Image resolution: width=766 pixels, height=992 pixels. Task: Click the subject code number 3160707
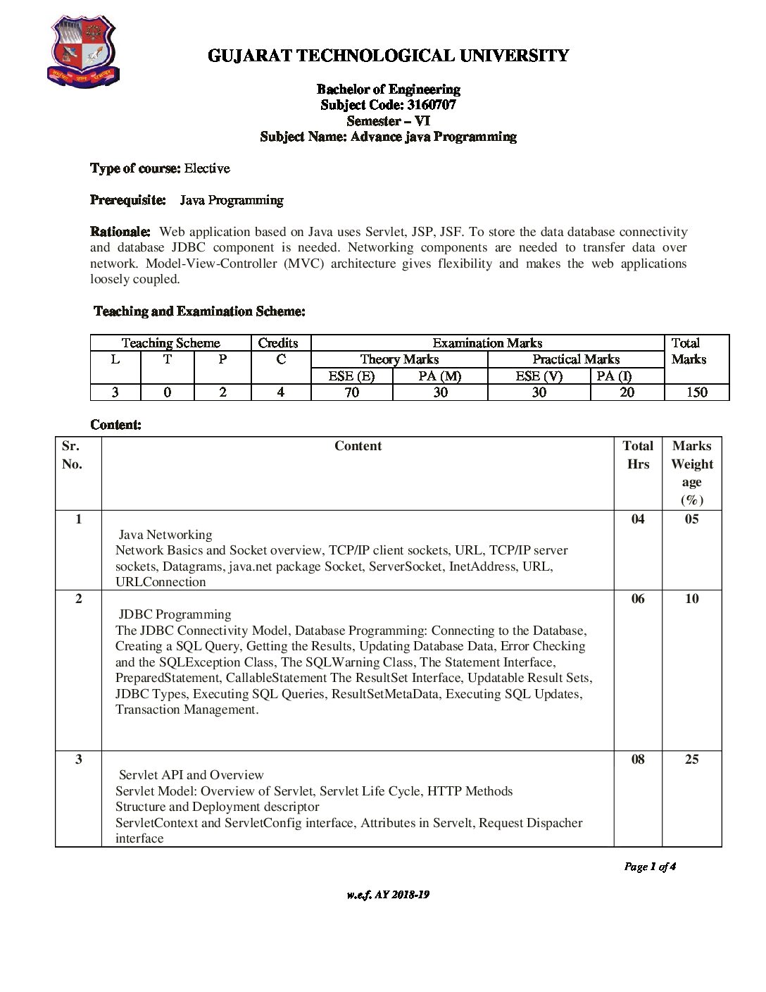431,105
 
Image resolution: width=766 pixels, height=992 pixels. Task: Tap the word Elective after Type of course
207,168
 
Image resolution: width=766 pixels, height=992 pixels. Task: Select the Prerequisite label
128,200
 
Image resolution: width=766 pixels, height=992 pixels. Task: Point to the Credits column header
278,343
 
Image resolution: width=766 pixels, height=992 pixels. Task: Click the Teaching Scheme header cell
170,343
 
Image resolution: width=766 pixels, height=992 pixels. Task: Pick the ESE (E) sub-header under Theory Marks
351,376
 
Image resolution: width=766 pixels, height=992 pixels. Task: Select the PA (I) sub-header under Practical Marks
614,376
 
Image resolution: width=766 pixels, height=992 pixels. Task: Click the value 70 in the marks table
351,392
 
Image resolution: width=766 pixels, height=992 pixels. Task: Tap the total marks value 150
696,392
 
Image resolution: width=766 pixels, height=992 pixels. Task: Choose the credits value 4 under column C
280,392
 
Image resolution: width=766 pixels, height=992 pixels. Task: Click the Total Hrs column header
638,454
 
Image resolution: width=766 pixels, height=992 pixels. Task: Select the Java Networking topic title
165,535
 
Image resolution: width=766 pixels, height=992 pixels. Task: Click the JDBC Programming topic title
175,614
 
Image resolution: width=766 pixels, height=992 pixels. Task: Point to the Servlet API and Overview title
191,775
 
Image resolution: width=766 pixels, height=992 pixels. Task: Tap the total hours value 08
638,759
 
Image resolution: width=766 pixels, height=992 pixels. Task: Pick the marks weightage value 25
691,759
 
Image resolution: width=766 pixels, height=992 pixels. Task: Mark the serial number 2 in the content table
78,599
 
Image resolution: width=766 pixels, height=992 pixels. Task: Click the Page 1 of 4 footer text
650,867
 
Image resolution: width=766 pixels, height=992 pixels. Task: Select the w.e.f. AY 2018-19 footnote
388,895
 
